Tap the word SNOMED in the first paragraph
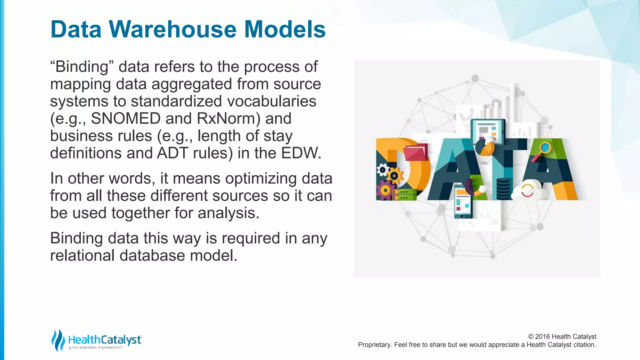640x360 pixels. click(126, 119)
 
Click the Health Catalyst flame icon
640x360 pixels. click(58, 340)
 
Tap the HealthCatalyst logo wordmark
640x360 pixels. click(105, 340)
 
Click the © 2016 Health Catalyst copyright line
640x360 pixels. click(562, 337)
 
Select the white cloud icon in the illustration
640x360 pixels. click(528, 191)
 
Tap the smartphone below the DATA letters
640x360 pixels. click(463, 202)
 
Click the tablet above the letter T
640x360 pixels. click(487, 131)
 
